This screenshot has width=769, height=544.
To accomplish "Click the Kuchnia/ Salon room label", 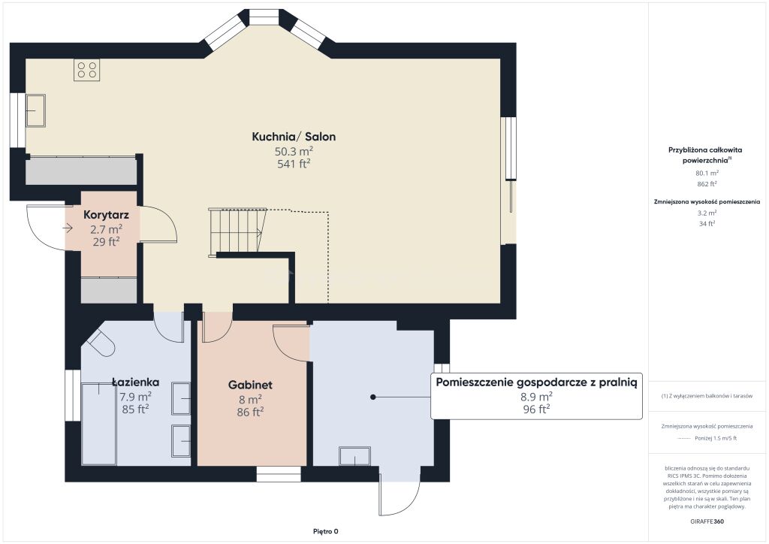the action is pyautogui.click(x=294, y=137).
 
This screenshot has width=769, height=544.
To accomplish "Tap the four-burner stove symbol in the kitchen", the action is pyautogui.click(x=87, y=69).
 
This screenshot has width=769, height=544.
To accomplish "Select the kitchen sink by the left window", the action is pyautogui.click(x=35, y=110).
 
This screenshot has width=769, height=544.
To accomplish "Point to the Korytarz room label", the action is pyautogui.click(x=106, y=215).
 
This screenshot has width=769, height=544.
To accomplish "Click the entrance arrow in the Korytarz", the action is pyautogui.click(x=68, y=228).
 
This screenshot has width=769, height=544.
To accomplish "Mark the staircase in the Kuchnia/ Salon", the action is pyautogui.click(x=237, y=231).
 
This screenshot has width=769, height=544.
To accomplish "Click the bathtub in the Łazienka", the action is pyautogui.click(x=99, y=425).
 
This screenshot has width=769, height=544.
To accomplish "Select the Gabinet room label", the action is pyautogui.click(x=250, y=385).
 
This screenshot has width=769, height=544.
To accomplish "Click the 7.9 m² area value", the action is pyautogui.click(x=135, y=396).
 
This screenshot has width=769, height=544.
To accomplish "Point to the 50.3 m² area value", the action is pyautogui.click(x=294, y=151).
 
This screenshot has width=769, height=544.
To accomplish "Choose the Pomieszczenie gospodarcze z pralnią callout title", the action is pyautogui.click(x=536, y=382).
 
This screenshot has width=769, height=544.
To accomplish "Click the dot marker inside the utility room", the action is pyautogui.click(x=372, y=397).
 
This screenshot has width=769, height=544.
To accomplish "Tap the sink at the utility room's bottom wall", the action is pyautogui.click(x=354, y=456).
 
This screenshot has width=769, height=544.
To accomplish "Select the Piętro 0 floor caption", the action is pyautogui.click(x=326, y=531).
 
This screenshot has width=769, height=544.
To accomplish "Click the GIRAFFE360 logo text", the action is pyautogui.click(x=707, y=521).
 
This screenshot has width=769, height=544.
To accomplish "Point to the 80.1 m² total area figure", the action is pyautogui.click(x=707, y=173).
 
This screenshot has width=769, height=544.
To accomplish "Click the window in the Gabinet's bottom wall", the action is pyautogui.click(x=279, y=474).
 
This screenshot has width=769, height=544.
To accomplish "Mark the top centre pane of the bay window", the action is pyautogui.click(x=264, y=17).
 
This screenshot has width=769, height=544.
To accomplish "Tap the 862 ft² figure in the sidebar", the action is pyautogui.click(x=707, y=184).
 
